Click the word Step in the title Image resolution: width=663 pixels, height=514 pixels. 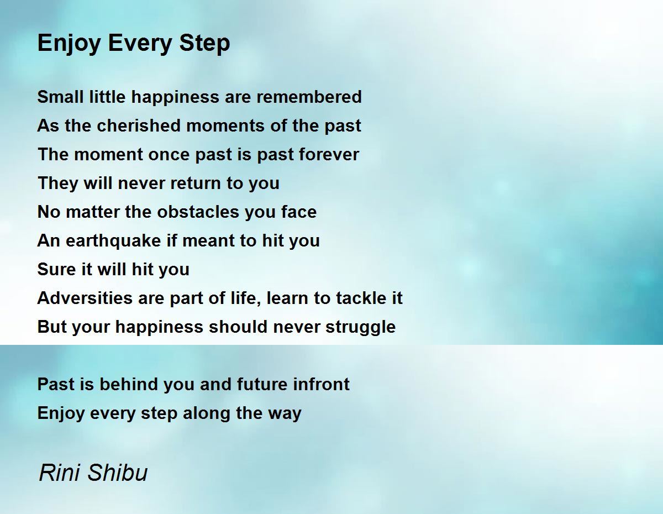coord(204,44)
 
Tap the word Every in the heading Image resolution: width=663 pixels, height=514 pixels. coord(140,44)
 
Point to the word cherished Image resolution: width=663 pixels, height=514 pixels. coord(139,126)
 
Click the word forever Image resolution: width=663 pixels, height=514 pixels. coord(329,154)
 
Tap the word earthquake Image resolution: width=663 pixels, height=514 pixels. coord(113,241)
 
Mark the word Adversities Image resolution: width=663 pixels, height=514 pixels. coord(85,298)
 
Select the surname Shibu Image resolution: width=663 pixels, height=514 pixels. coord(118,473)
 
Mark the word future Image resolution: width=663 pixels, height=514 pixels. coord(262,384)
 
